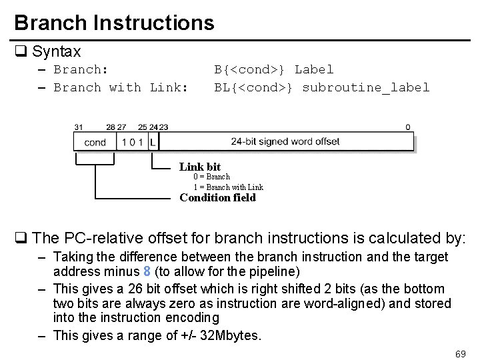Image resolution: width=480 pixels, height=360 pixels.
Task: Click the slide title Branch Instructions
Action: [x=114, y=23]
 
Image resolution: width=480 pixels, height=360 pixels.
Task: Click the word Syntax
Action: [x=56, y=51]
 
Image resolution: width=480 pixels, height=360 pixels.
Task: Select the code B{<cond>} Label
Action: [x=273, y=69]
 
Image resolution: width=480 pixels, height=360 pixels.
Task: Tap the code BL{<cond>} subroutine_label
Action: [x=321, y=87]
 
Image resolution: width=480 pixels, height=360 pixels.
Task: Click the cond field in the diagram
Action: [x=95, y=142]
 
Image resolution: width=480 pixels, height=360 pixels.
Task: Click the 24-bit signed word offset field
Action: [x=285, y=141]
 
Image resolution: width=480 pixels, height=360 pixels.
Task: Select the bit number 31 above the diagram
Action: [x=79, y=127]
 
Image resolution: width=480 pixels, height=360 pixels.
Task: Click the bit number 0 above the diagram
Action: [x=408, y=127]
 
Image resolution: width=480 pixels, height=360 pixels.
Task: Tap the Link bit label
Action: [x=200, y=167]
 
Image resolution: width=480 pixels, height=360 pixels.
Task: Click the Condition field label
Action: [x=217, y=197]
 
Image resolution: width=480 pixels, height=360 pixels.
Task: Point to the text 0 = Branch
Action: [x=211, y=177]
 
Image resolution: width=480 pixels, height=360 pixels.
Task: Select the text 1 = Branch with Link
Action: [x=228, y=187]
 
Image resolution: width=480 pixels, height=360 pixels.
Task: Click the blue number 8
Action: [x=147, y=271]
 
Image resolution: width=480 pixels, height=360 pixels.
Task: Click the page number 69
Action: [x=459, y=353]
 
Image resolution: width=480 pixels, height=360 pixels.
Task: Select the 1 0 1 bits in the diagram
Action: [x=132, y=142]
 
